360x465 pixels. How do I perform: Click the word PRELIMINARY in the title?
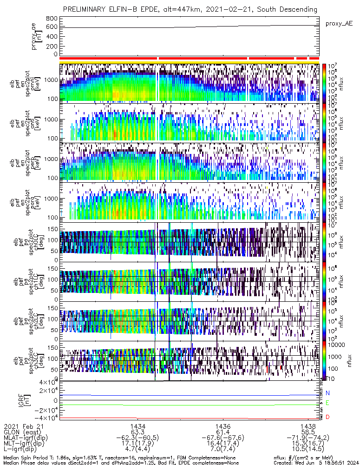(x=86, y=9)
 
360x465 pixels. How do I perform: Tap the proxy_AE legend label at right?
(x=338, y=23)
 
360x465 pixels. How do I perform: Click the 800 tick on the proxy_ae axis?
(x=52, y=19)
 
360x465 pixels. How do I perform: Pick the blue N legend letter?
(x=327, y=393)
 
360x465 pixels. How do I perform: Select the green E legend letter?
(x=327, y=403)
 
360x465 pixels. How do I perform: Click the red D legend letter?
(x=327, y=417)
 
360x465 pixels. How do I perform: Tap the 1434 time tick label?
(x=138, y=426)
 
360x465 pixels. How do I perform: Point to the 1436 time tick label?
(x=223, y=426)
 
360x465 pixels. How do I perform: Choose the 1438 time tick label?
(x=308, y=426)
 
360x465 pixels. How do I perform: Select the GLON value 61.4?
(x=223, y=432)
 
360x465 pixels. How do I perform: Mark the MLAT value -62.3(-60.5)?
(x=138, y=438)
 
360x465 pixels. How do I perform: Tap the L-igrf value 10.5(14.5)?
(x=308, y=451)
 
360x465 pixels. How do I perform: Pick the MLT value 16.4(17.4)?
(x=223, y=445)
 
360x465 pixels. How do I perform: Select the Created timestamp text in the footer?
(x=316, y=462)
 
